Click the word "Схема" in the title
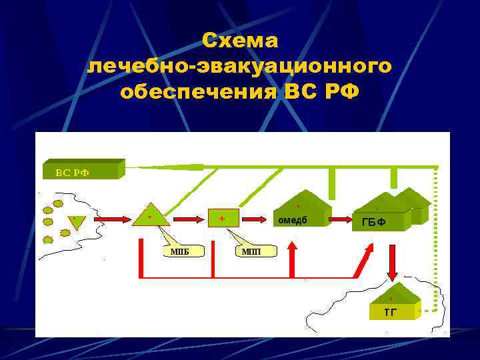(240, 41)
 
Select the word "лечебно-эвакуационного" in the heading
(240, 67)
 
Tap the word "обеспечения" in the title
(197, 91)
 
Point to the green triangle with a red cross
(150, 215)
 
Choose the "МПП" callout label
(251, 251)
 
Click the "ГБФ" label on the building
(373, 222)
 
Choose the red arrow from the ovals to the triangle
(111, 218)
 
